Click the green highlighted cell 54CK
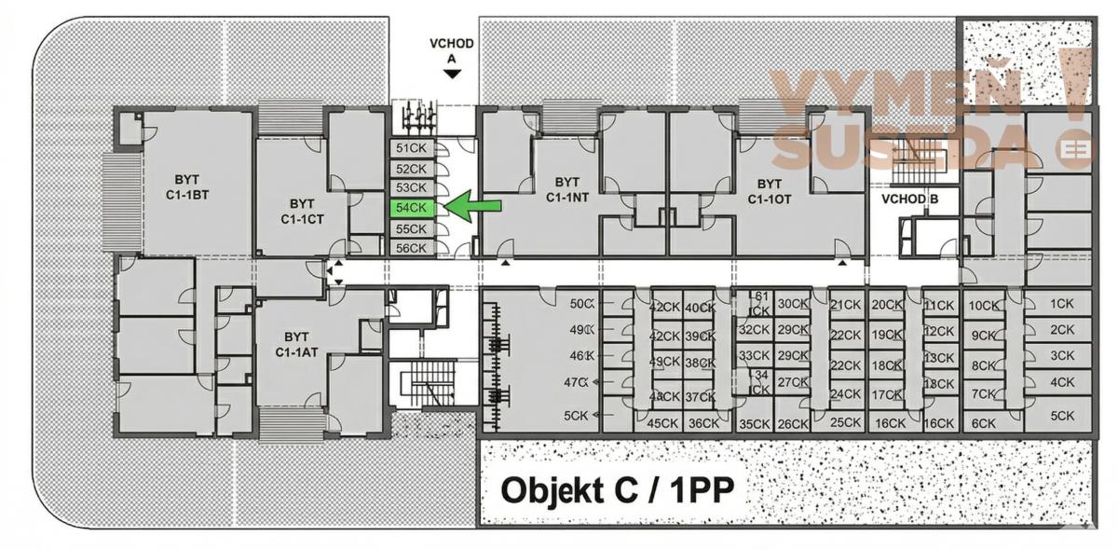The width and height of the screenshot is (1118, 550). coord(411,208)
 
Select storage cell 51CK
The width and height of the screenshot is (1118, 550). coord(411,148)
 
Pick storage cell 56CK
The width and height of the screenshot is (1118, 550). coord(411,248)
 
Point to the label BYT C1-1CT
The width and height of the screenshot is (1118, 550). coord(300,211)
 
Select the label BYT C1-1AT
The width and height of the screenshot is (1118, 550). coord(296,344)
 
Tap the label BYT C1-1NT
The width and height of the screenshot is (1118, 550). coord(566,190)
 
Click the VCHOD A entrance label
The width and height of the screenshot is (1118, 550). coord(452,50)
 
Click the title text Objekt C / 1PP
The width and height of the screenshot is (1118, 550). coord(615,489)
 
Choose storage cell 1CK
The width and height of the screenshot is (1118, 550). coord(1061,304)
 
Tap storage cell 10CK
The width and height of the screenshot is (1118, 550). coord(983,305)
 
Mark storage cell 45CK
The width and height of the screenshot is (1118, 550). coord(663,422)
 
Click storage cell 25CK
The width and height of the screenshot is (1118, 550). coord(844,422)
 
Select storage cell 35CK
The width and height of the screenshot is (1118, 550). coord(754,423)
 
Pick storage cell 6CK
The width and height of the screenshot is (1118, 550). coord(984,422)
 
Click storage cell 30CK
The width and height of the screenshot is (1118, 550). coord(792,304)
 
